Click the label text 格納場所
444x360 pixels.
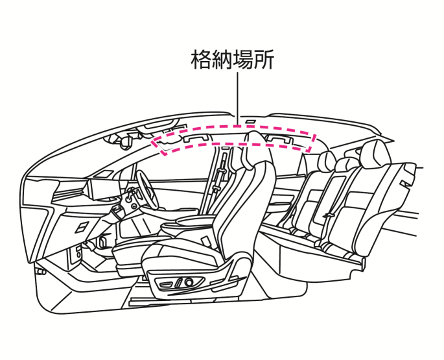coord(232,60)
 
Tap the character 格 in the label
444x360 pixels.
coord(201,60)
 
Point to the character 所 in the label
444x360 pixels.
coord(264,60)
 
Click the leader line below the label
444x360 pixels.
coord(237,99)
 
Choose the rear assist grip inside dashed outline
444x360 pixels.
coord(279,139)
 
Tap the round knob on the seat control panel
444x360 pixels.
coord(189,282)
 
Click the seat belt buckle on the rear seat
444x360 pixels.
coord(329,216)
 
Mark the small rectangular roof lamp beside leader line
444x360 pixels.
coord(250,122)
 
